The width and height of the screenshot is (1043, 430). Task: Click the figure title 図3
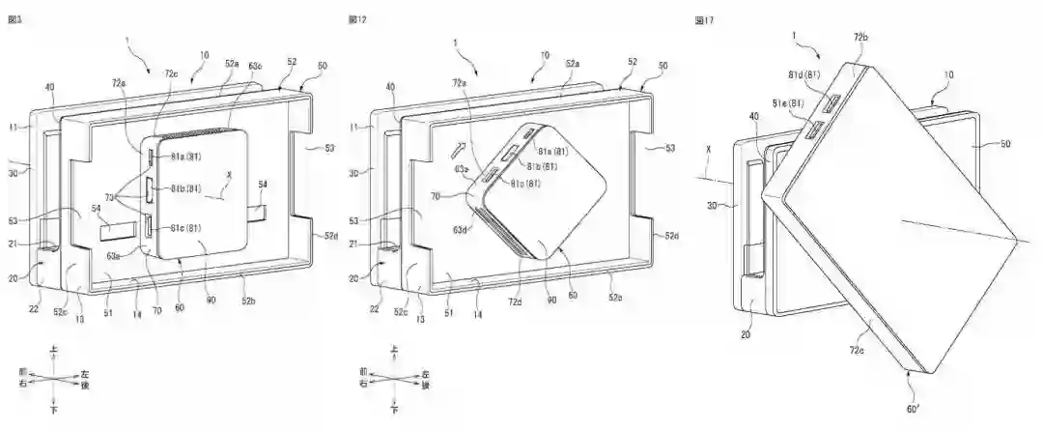[14, 19]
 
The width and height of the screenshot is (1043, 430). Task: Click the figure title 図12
[357, 19]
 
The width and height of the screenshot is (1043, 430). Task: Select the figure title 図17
[704, 19]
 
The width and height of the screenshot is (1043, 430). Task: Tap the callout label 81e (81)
[787, 102]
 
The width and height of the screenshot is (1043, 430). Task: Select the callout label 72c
[170, 73]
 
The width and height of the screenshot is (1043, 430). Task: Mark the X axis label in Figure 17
[710, 151]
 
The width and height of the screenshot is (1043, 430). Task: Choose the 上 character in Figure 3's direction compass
[53, 349]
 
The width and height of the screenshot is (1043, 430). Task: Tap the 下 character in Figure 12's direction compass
[394, 410]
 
